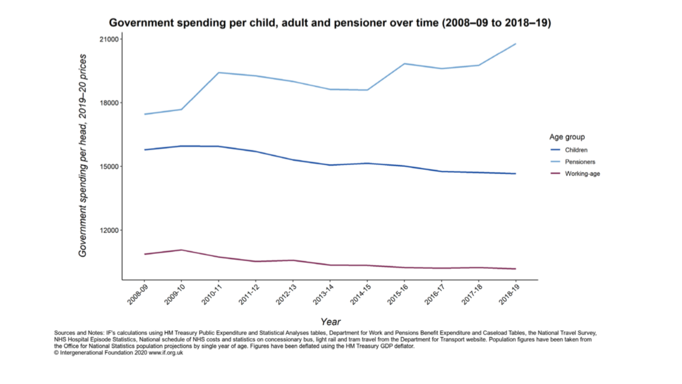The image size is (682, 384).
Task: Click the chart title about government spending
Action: point(330,23)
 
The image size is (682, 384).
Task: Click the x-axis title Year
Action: point(330,322)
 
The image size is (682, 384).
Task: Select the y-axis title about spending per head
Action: point(83,155)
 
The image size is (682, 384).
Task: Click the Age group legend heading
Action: point(567,137)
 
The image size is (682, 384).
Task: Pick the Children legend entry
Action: point(576,150)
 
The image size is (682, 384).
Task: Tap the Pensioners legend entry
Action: point(580,162)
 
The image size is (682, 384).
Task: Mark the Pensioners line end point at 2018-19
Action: point(516,44)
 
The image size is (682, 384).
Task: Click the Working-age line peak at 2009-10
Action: point(181,250)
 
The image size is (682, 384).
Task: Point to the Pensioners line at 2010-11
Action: point(219,73)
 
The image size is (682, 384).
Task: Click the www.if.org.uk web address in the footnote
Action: point(166,353)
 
